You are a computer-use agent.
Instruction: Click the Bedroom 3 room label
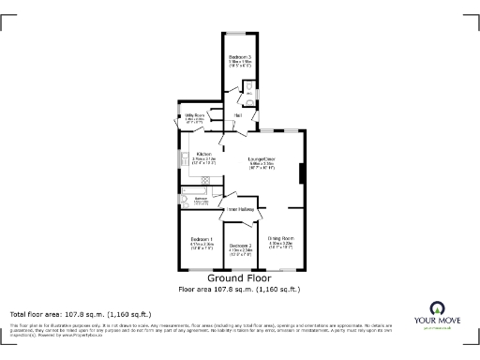[240, 57]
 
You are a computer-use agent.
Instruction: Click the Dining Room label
[281, 239]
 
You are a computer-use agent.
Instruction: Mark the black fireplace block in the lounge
[301, 173]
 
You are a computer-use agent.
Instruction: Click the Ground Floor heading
[240, 278]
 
